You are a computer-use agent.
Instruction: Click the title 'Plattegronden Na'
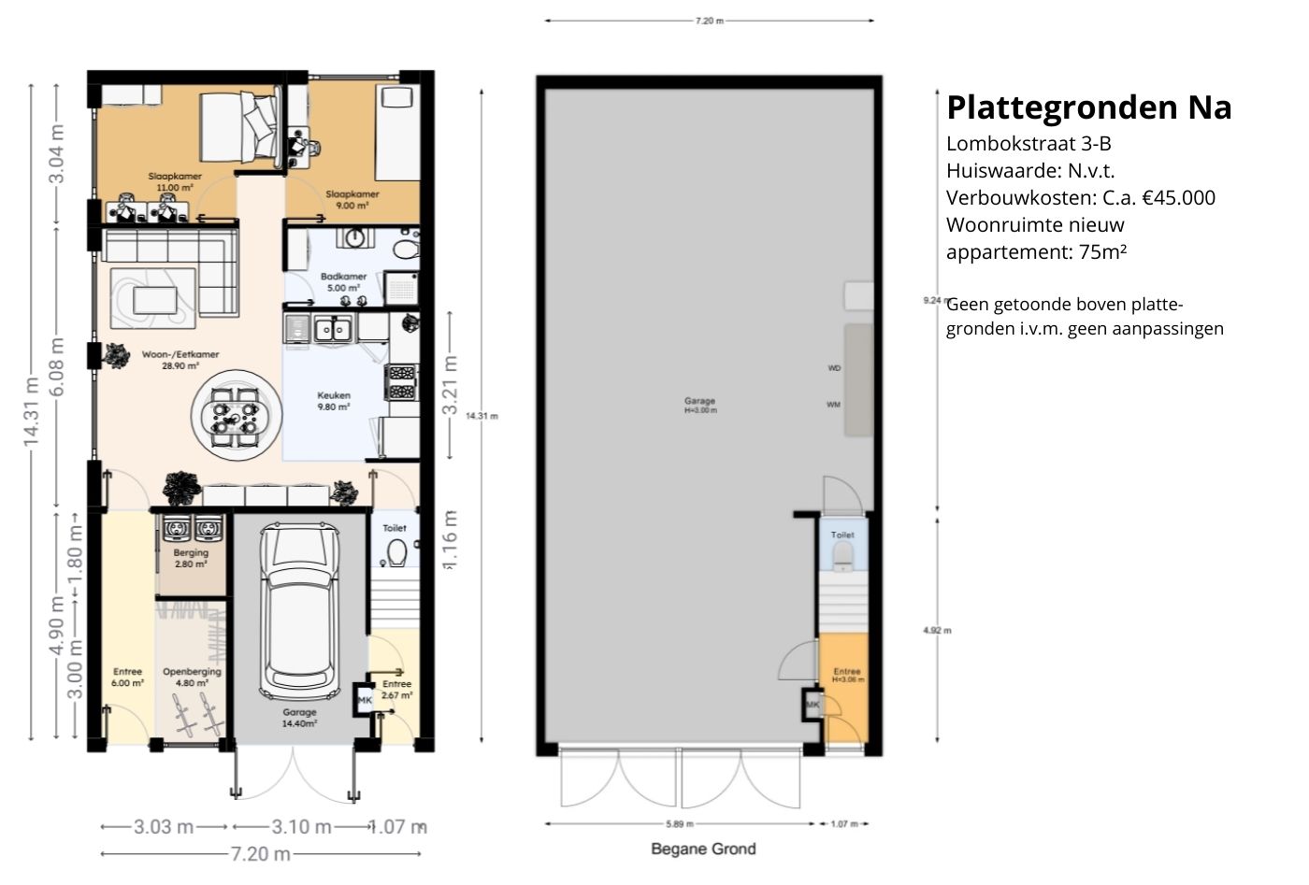1088,107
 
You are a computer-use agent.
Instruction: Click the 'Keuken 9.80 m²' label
334,401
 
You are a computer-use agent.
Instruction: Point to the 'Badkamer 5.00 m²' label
343,282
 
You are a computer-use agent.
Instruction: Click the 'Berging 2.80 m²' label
191,558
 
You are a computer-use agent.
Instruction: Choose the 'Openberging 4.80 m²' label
192,677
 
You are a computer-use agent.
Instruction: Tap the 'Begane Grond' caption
703,849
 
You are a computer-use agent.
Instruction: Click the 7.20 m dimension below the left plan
260,853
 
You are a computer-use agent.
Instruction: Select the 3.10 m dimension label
301,826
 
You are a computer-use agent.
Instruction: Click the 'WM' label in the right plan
833,405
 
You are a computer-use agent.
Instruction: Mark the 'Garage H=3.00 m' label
699,406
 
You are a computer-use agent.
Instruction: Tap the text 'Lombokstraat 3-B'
1028,143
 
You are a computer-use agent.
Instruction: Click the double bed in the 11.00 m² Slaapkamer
240,128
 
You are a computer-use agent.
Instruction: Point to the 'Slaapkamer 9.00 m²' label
347,199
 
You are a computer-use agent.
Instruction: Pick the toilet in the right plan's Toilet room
843,557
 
